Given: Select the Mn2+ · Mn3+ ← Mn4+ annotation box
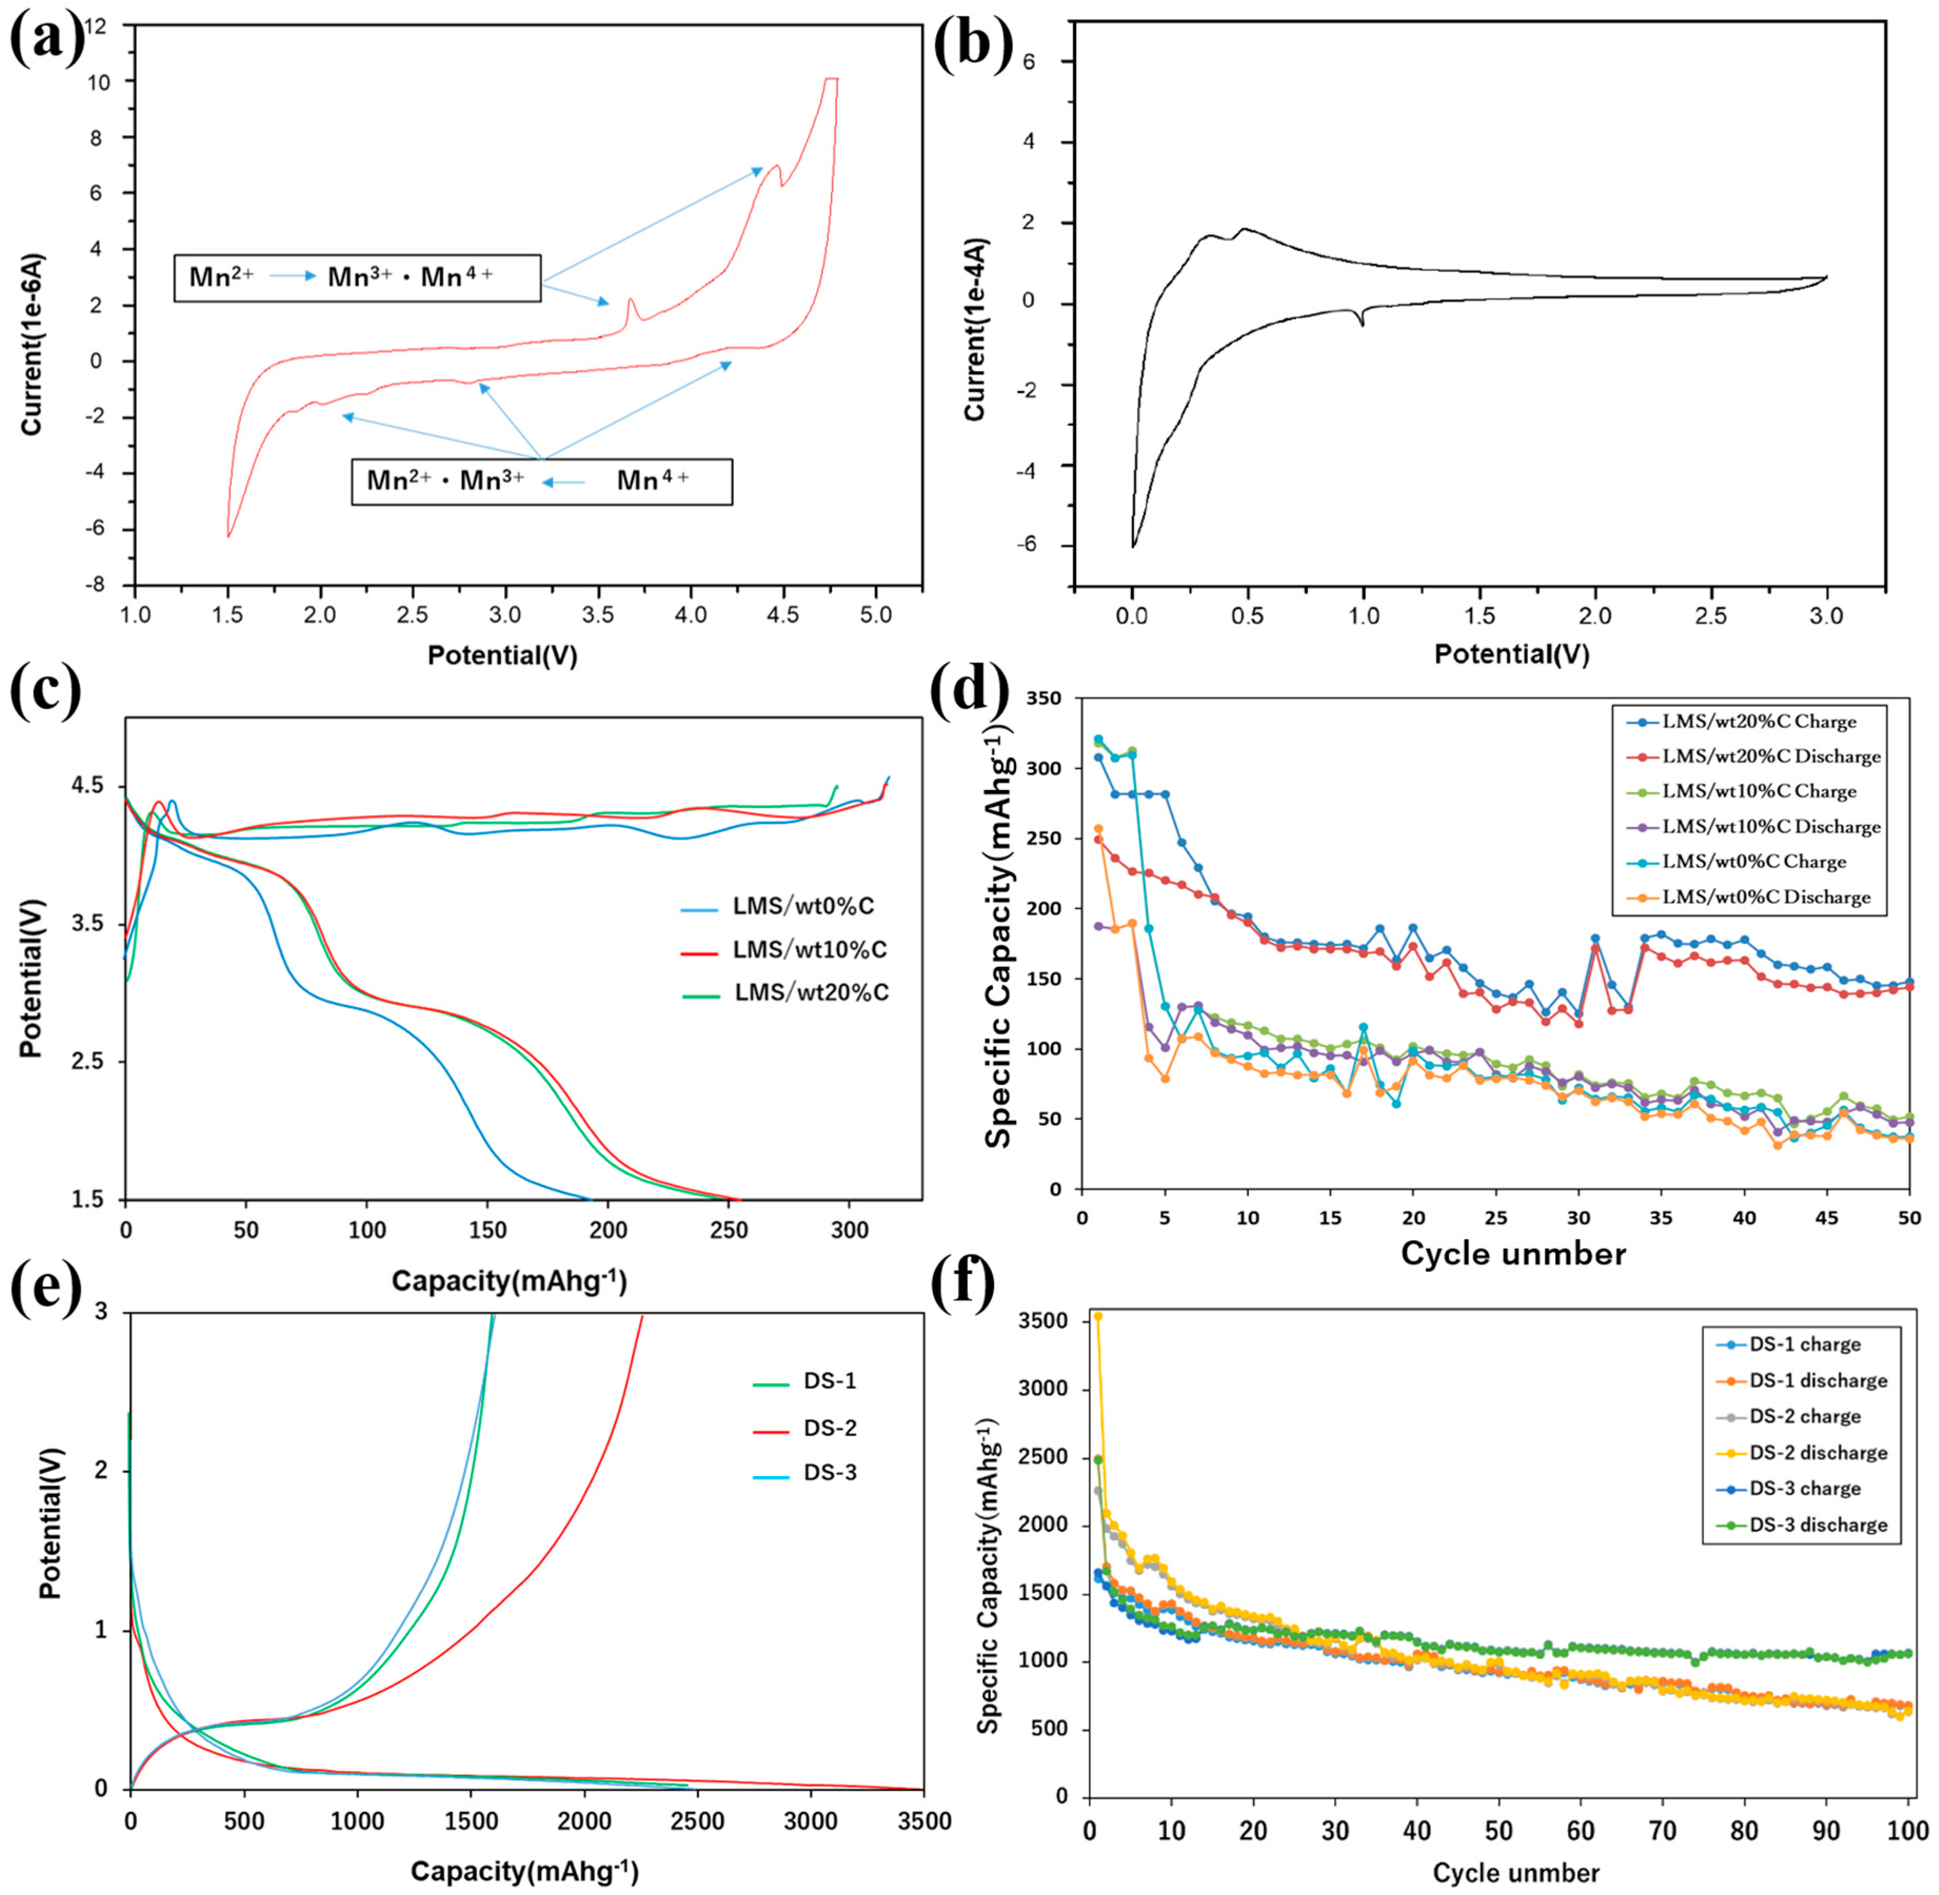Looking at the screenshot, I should click(x=542, y=482).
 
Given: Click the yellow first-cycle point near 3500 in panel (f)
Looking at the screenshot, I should click(x=1098, y=1316).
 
